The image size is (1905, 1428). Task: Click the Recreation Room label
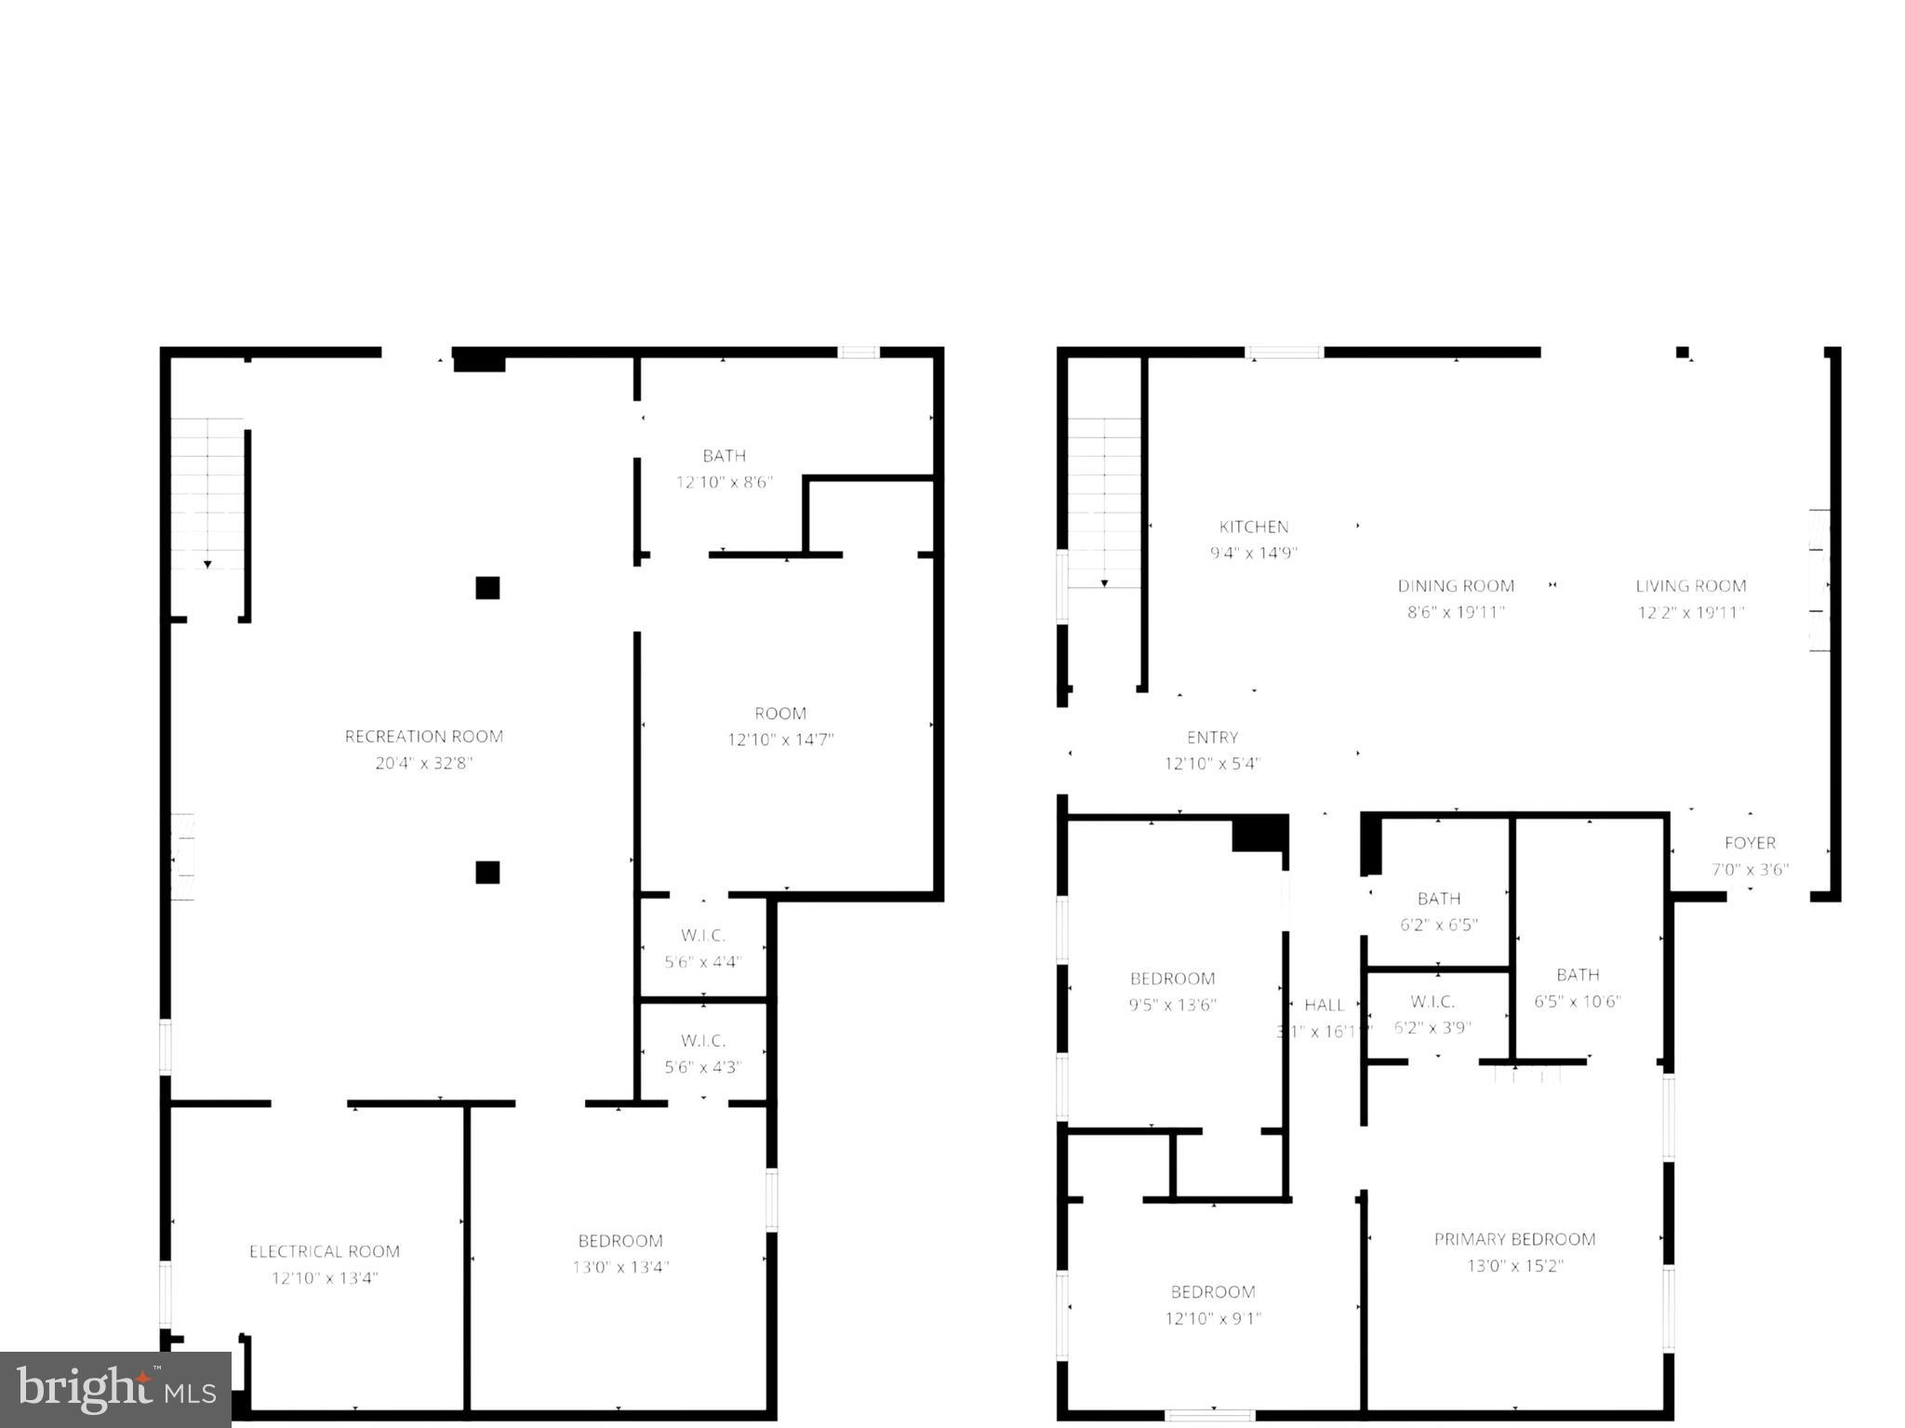(423, 736)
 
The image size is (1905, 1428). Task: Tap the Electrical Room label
(324, 1251)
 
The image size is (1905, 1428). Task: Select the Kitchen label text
(1253, 527)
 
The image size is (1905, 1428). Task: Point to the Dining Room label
(1455, 586)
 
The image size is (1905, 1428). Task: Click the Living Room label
(1690, 586)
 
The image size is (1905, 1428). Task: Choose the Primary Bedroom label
(1514, 1239)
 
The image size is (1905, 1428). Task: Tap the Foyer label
(1750, 843)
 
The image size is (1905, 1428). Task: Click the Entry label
(1212, 737)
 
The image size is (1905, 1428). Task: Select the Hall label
(1324, 1005)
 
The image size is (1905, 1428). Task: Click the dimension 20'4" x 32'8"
(423, 763)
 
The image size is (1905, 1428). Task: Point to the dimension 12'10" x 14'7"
(780, 740)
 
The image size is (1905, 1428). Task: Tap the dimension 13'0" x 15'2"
(1514, 1265)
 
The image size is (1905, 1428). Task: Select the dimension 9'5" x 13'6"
(1172, 1005)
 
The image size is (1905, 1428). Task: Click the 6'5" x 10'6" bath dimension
(1578, 1001)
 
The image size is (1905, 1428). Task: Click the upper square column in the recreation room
(487, 588)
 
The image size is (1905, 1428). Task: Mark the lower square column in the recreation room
(487, 872)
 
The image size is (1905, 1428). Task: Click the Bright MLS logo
(115, 1389)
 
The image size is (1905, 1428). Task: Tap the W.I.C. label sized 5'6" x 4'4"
(702, 935)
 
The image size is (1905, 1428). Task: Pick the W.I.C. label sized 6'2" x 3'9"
(1432, 1001)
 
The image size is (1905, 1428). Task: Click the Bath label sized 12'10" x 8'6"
(724, 456)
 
